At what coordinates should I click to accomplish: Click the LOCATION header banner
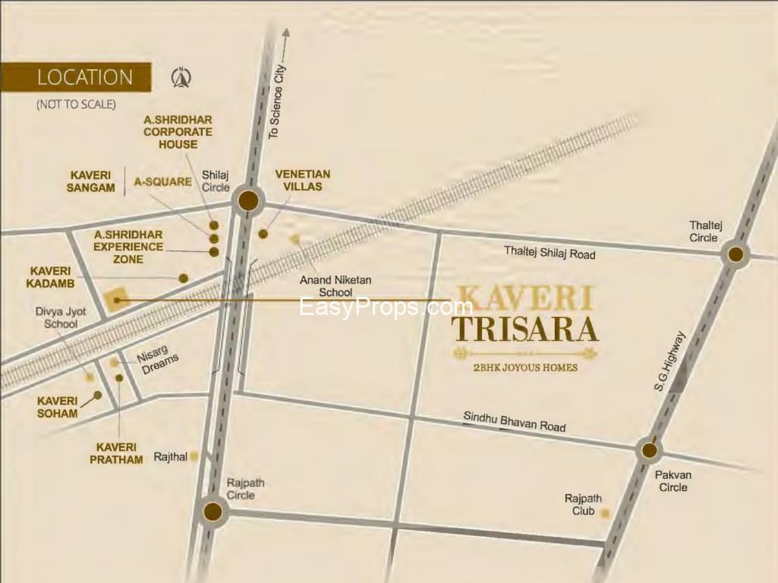pyautogui.click(x=76, y=77)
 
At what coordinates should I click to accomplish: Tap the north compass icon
pyautogui.click(x=181, y=77)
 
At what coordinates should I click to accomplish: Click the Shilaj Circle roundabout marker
pyautogui.click(x=248, y=201)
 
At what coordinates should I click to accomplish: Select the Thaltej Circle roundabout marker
pyautogui.click(x=735, y=255)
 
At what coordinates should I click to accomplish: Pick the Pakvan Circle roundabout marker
pyautogui.click(x=649, y=450)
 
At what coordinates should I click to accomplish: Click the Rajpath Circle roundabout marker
pyautogui.click(x=213, y=512)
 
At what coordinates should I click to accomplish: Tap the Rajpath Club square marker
pyautogui.click(x=605, y=514)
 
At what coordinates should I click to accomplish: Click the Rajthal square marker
pyautogui.click(x=194, y=456)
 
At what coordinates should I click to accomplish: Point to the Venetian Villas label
pyautogui.click(x=303, y=180)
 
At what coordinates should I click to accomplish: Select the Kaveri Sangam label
pyautogui.click(x=90, y=181)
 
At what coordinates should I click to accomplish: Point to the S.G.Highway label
pyautogui.click(x=669, y=361)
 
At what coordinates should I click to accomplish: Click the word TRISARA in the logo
pyautogui.click(x=525, y=329)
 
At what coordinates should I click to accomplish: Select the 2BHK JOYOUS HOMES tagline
pyautogui.click(x=525, y=367)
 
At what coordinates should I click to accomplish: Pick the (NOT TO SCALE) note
pyautogui.click(x=76, y=104)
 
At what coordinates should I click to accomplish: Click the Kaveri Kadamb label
pyautogui.click(x=51, y=277)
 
